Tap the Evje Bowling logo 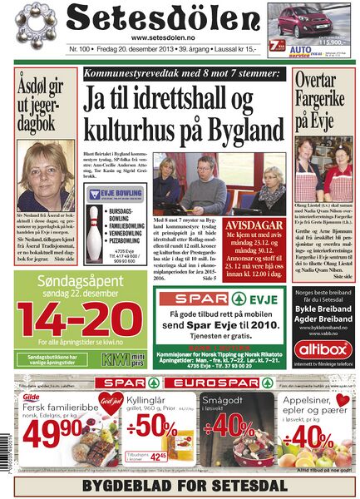[x=113, y=194]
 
